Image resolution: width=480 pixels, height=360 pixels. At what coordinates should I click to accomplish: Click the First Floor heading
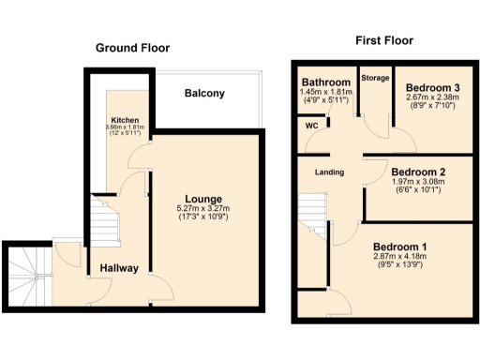click(384, 41)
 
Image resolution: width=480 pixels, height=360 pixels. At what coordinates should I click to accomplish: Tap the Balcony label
click(203, 94)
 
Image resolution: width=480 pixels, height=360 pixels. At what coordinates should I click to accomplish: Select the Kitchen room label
click(125, 121)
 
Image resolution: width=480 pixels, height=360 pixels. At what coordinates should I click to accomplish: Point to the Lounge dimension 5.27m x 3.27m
click(203, 209)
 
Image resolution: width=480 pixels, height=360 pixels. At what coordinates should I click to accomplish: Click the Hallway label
click(119, 268)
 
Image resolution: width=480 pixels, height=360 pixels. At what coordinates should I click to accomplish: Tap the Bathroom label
click(324, 82)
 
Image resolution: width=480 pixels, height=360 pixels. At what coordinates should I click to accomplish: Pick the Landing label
click(328, 172)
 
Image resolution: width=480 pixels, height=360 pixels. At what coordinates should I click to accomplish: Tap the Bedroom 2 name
click(419, 172)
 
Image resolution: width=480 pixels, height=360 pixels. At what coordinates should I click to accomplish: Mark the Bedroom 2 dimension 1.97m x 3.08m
click(419, 184)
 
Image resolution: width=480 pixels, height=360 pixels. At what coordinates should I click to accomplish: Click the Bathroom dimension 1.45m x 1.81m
click(324, 92)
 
